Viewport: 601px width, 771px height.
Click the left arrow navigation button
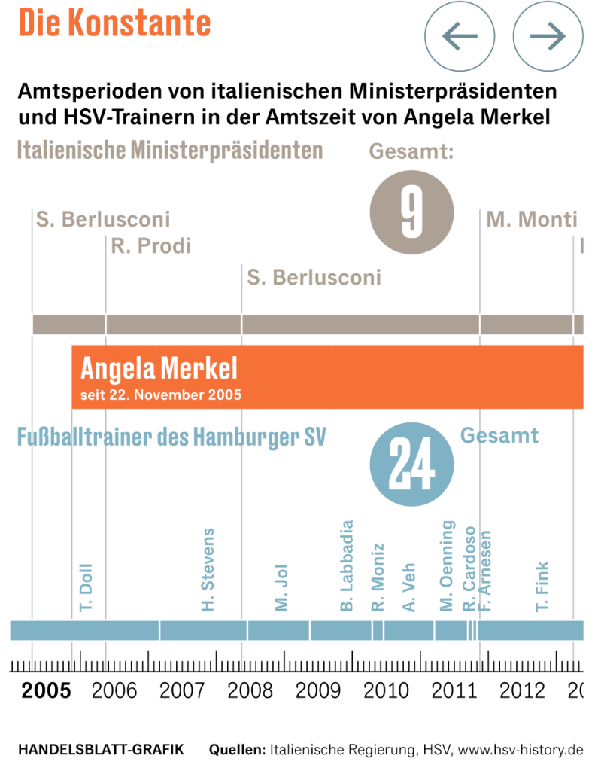coord(460,35)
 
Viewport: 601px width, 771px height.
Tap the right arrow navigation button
coord(548,35)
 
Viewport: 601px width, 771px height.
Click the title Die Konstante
coord(114,23)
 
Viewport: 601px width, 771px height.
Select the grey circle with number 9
coord(411,212)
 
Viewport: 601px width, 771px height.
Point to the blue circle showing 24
coord(411,466)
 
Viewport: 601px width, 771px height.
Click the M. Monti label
coord(532,220)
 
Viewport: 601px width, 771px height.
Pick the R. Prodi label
coord(151,245)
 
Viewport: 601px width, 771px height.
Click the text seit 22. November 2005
coord(161,395)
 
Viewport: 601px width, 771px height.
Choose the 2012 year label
coord(522,690)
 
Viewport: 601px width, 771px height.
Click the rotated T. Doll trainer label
coord(86,589)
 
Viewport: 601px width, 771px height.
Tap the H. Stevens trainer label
coord(208,569)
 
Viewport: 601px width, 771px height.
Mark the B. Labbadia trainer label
coord(347,565)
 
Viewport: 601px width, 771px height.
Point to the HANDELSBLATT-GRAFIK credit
coord(100,750)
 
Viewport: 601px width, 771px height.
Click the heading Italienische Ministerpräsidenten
coord(170,150)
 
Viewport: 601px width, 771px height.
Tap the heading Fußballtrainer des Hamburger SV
coord(171,437)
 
